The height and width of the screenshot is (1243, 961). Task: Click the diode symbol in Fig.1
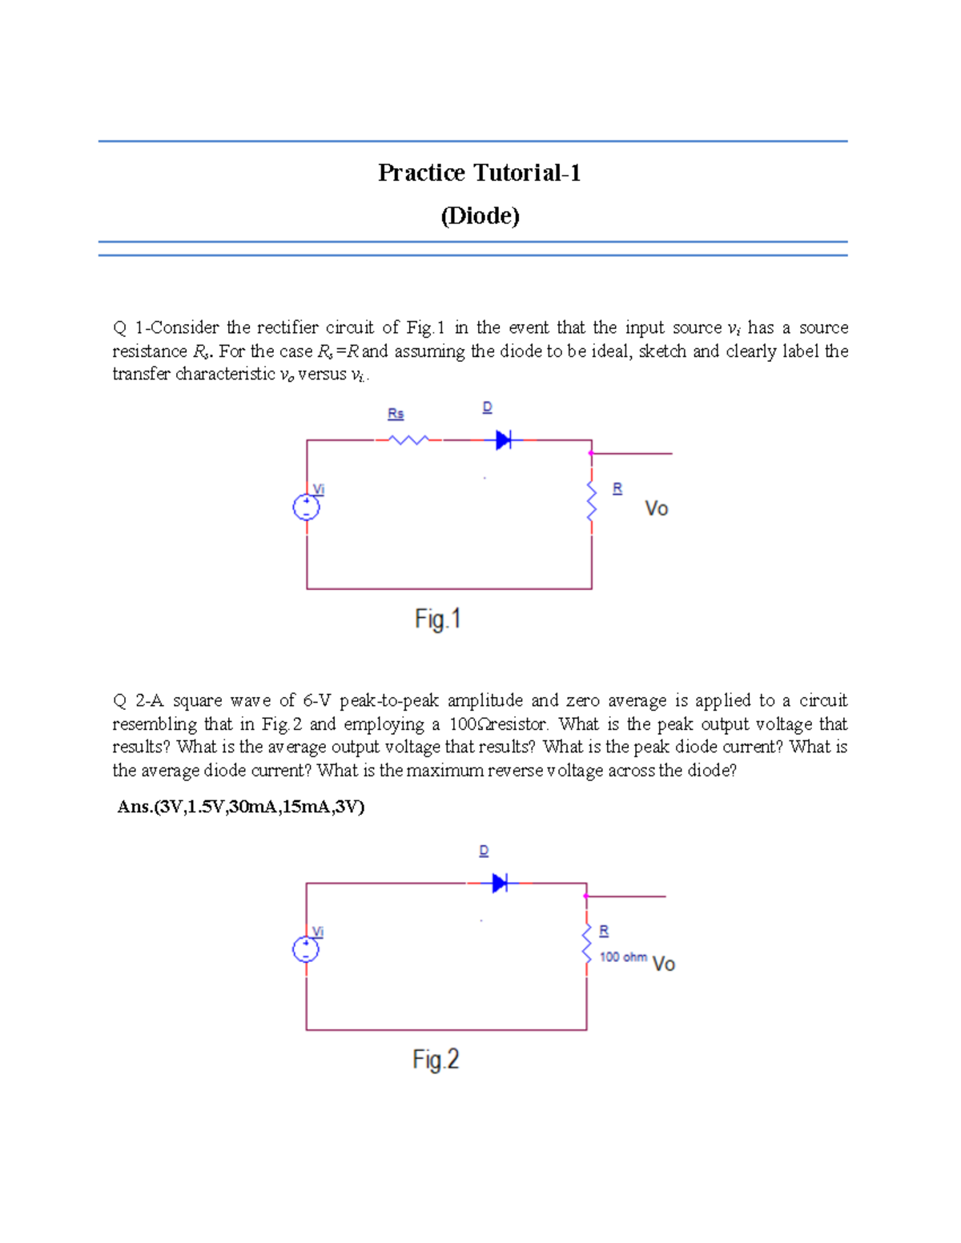tap(503, 439)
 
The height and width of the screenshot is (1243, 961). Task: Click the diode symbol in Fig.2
tap(500, 883)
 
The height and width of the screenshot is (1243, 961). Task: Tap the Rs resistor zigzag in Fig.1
tap(408, 439)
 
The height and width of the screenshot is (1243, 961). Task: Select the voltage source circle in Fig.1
tap(307, 507)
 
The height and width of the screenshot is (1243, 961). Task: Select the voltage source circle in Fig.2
tap(306, 949)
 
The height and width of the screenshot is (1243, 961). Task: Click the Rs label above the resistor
tap(396, 414)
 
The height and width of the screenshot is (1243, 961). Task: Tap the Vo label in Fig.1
tap(657, 509)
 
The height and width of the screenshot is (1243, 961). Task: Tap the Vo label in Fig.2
tap(664, 964)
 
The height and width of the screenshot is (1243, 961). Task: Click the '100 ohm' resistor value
tap(623, 957)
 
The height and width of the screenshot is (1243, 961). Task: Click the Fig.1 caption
tap(437, 619)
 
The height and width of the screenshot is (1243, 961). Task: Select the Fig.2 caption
tap(436, 1060)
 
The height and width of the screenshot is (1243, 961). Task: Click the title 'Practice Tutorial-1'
tap(479, 173)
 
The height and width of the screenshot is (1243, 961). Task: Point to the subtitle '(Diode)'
tap(480, 216)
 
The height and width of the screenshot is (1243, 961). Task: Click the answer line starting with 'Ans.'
tap(241, 807)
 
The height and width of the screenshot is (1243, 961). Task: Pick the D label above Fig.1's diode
tap(487, 407)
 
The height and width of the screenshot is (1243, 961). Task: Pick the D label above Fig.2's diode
tap(484, 851)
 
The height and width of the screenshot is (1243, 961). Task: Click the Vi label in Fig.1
tap(319, 489)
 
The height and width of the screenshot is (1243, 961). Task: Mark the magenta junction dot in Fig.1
tap(591, 453)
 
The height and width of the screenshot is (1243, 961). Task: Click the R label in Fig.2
tap(604, 931)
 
